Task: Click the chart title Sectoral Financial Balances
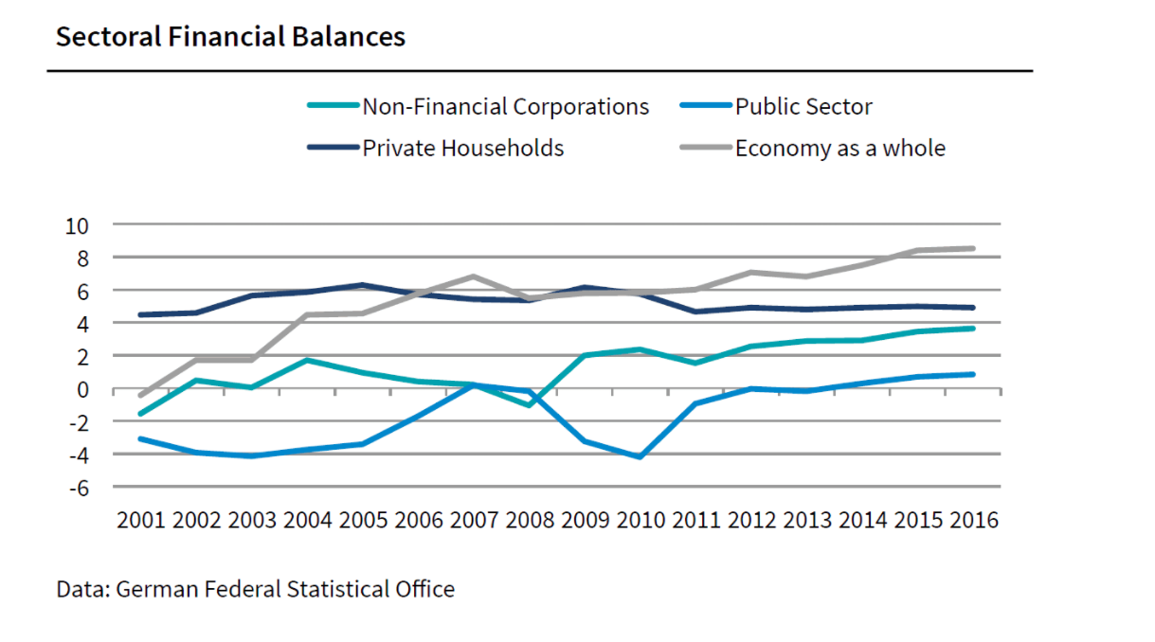[230, 37]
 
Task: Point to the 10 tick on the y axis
[76, 225]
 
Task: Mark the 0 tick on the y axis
[82, 389]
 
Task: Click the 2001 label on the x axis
[140, 521]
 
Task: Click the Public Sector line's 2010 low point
[642, 456]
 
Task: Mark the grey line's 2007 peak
[474, 276]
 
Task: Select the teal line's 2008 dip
[530, 405]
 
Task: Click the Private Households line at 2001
[140, 314]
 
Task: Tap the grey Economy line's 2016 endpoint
[972, 248]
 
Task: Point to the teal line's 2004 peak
[307, 360]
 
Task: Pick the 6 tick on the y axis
[82, 291]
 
